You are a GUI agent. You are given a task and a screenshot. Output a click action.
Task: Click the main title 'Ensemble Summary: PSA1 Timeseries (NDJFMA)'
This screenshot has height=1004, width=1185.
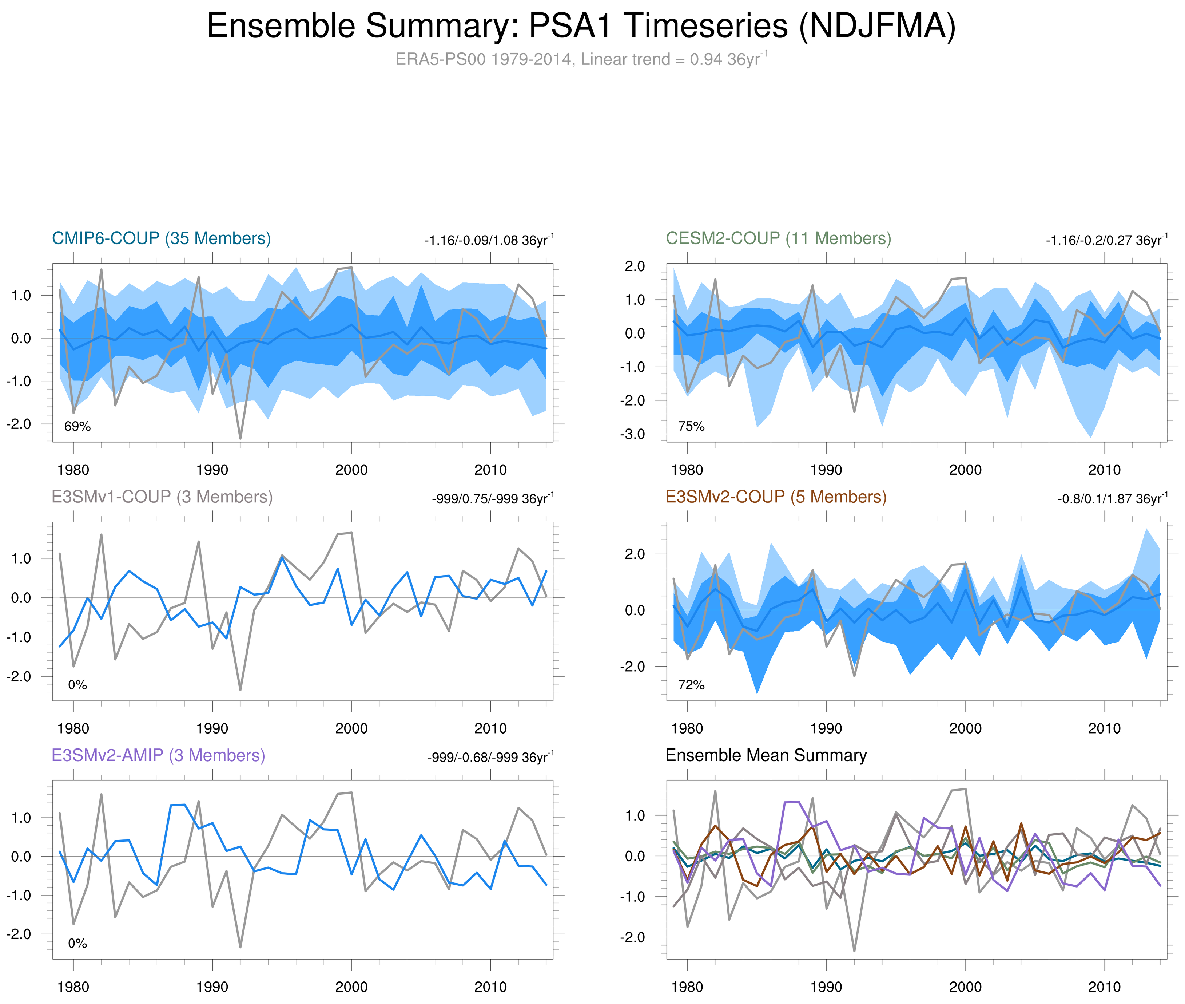[x=581, y=26]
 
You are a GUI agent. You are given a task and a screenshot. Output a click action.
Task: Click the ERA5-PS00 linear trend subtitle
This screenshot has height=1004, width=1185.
[x=581, y=59]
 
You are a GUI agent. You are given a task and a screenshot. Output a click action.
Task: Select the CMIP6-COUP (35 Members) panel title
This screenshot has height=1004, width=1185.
[x=161, y=238]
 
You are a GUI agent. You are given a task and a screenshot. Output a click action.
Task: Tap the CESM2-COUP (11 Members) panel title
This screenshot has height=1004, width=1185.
[x=778, y=238]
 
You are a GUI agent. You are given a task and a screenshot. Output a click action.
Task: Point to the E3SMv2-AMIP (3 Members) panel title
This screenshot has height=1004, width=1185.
[x=158, y=755]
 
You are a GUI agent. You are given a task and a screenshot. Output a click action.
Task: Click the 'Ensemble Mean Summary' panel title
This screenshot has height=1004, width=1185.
[x=766, y=755]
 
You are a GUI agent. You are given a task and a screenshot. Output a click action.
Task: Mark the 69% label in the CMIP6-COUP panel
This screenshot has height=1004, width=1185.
[x=77, y=426]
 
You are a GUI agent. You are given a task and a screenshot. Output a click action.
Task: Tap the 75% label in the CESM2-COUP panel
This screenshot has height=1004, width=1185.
[x=691, y=426]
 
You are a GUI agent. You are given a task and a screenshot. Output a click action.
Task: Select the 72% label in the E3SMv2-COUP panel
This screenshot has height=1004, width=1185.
[x=691, y=685]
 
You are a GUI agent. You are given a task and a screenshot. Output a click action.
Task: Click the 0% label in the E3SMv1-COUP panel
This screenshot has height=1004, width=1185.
[x=77, y=685]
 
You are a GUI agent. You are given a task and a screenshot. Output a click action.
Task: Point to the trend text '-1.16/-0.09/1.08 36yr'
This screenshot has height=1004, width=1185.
[x=489, y=240]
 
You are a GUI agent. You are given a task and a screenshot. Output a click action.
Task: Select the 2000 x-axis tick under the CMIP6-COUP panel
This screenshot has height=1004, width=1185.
[x=351, y=470]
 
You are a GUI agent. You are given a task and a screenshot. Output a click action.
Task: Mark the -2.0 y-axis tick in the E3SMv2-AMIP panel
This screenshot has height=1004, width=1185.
[x=19, y=934]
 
